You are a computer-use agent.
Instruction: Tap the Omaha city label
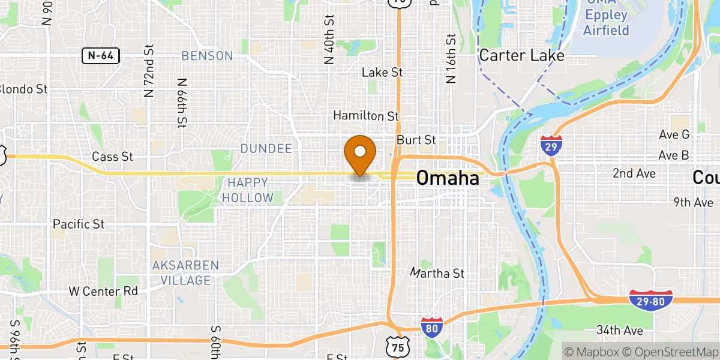point(448,178)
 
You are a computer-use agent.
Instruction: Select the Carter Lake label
point(521,56)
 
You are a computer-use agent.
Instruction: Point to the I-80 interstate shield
point(432,328)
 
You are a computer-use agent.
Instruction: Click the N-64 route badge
point(101,56)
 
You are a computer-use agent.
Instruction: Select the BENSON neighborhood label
point(207,56)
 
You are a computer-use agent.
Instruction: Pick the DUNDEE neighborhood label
point(266,148)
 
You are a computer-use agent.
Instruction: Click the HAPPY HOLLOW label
point(248,189)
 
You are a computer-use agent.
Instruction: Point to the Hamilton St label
point(366,115)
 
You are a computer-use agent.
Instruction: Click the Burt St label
point(416,140)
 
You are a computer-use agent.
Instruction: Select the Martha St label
point(437,274)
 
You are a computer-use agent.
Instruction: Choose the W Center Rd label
point(103,292)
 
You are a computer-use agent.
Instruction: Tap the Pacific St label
point(79,224)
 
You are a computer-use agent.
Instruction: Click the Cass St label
point(112,157)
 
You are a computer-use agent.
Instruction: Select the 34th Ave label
point(619,331)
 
